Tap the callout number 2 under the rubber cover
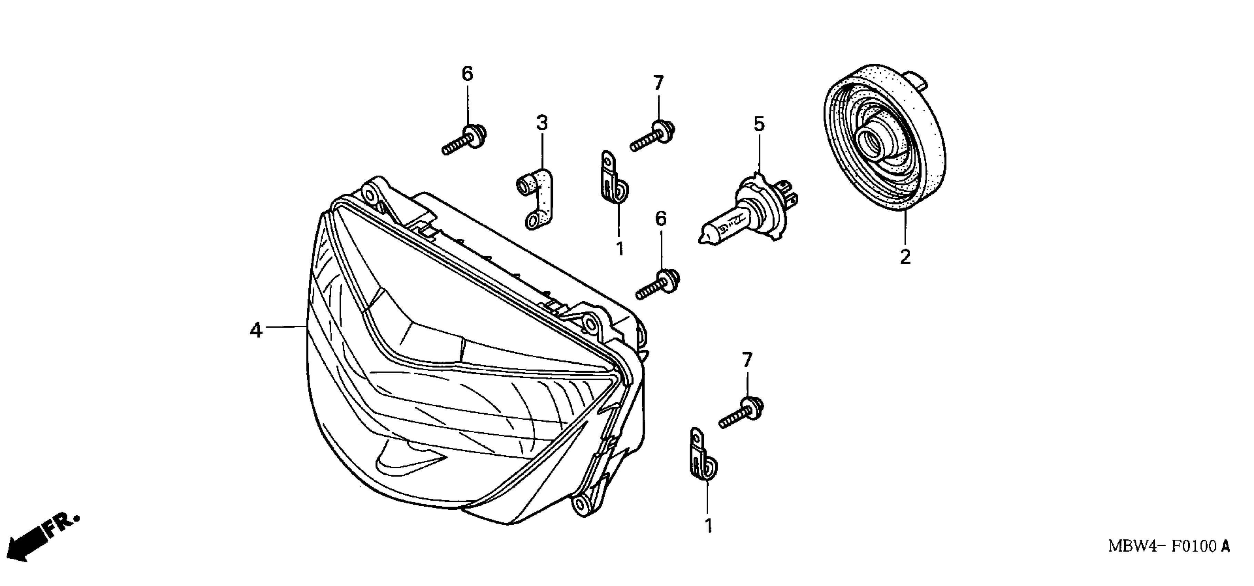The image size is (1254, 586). coord(905,256)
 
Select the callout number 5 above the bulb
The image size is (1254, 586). coord(759,124)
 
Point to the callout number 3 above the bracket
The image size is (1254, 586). coord(542,123)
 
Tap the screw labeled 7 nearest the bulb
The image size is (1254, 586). coord(652,136)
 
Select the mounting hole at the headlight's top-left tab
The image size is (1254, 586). coord(370,195)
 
